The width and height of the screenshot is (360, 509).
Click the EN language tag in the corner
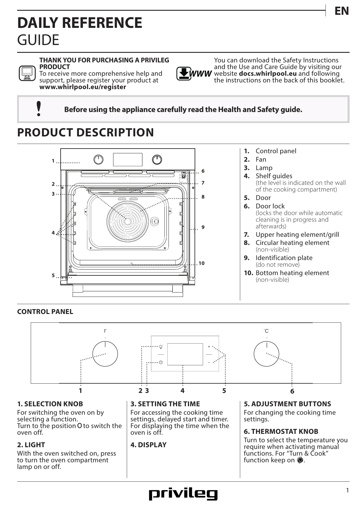point(341,11)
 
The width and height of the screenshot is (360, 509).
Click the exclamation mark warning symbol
point(38,109)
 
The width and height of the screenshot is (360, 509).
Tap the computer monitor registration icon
point(27,73)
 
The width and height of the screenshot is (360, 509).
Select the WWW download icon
point(193,74)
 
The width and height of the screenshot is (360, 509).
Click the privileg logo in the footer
point(183,494)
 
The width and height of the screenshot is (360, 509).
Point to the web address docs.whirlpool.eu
point(267,74)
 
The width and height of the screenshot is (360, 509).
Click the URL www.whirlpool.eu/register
point(83,87)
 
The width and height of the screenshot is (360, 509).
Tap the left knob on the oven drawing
point(99,159)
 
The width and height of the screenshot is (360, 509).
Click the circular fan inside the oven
point(127,221)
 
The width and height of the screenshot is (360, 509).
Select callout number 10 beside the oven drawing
point(201,263)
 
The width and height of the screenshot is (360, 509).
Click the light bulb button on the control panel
point(161,346)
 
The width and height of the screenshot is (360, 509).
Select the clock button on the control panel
point(161,362)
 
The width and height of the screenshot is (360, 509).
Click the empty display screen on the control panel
point(185,354)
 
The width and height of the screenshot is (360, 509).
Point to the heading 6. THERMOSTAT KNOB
point(281,432)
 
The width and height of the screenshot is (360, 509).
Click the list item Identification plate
point(284,258)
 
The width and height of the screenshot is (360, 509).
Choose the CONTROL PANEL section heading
point(45,312)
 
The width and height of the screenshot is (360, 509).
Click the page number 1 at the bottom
point(347,490)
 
